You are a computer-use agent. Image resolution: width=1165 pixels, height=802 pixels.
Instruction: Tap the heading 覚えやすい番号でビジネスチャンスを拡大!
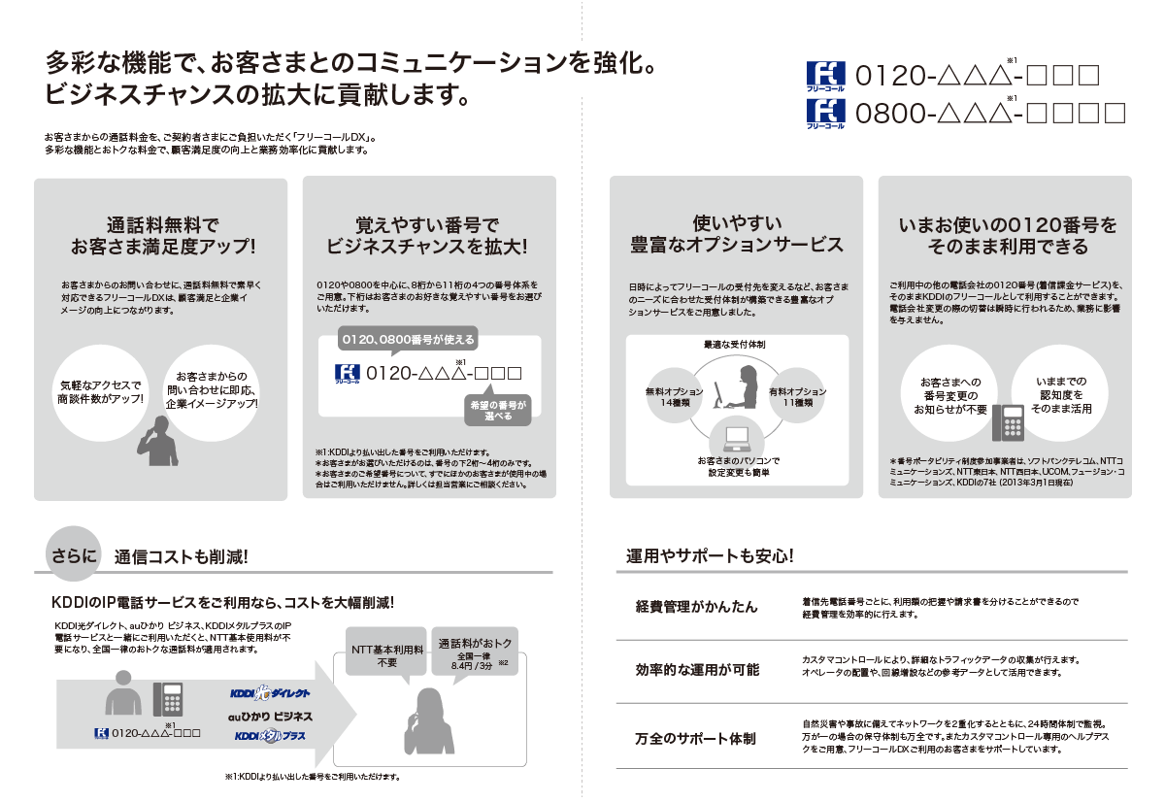point(427,234)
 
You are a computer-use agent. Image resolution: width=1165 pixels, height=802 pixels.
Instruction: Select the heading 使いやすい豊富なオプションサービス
point(737,234)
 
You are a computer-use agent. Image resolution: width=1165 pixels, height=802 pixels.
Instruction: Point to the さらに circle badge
point(74,556)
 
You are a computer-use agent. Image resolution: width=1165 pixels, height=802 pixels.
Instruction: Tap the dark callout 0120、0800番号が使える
point(407,340)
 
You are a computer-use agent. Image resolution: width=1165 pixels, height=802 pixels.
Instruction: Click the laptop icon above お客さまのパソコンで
point(734,436)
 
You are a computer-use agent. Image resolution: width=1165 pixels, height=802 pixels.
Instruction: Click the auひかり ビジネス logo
point(270,715)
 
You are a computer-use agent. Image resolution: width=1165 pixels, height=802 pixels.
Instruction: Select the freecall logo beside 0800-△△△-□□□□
point(827,114)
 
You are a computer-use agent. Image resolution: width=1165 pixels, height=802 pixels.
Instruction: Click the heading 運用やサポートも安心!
point(711,556)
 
